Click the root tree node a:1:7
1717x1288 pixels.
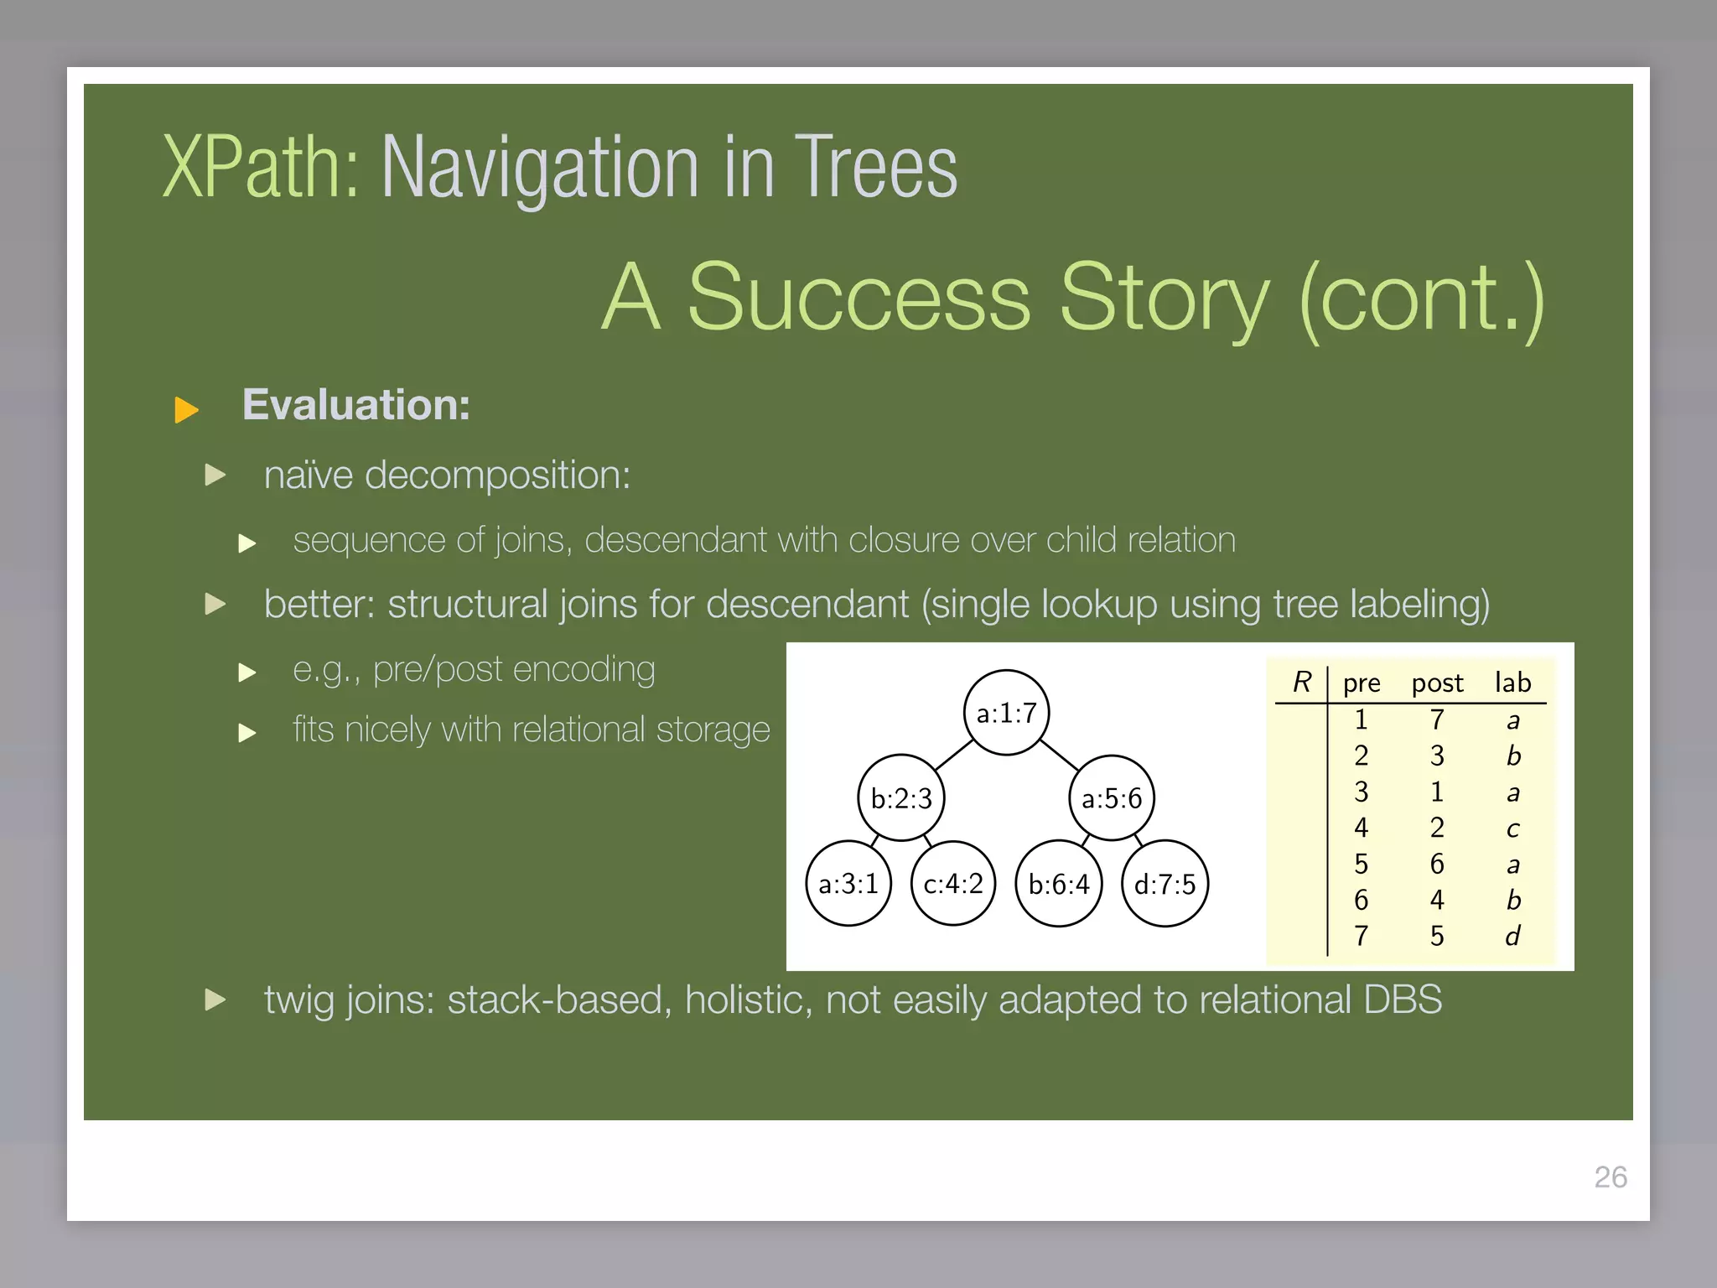coord(1006,713)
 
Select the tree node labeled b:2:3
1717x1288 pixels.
coord(901,798)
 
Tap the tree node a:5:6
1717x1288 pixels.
coord(1112,798)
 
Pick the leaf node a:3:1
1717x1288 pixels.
coord(848,884)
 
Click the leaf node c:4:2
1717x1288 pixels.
coord(953,884)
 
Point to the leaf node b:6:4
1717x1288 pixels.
coord(1059,884)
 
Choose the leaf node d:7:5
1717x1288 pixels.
coord(1165,884)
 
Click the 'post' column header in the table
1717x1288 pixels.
coord(1437,683)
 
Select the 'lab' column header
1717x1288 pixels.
coord(1512,683)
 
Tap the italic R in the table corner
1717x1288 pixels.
coord(1301,682)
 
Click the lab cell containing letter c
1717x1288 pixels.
coord(1512,829)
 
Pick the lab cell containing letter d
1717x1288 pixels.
coord(1512,936)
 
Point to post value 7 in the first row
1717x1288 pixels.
coord(1437,719)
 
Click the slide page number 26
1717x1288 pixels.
coord(1610,1177)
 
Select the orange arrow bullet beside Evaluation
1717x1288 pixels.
coord(186,410)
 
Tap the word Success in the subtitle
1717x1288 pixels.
coord(858,299)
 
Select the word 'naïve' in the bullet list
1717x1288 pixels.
coord(309,475)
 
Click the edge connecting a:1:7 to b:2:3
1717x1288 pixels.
coord(953,756)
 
